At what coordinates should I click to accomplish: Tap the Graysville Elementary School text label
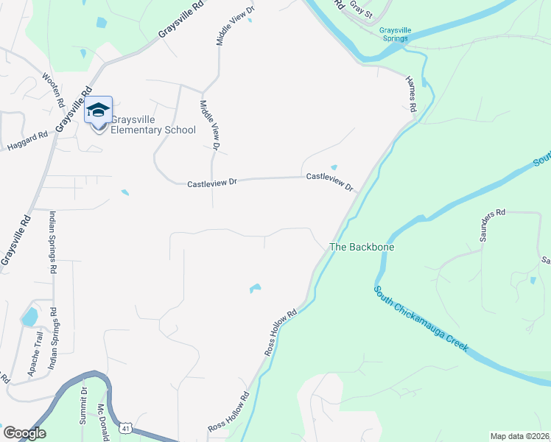pyautogui.click(x=153, y=124)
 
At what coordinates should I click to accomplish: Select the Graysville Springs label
pyautogui.click(x=395, y=35)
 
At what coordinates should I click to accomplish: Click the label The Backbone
pyautogui.click(x=362, y=248)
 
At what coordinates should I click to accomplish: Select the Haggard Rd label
pyautogui.click(x=27, y=140)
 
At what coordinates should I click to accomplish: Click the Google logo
pyautogui.click(x=24, y=433)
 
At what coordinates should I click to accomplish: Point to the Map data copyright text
pyautogui.click(x=520, y=436)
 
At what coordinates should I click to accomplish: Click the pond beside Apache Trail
pyautogui.click(x=29, y=318)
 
